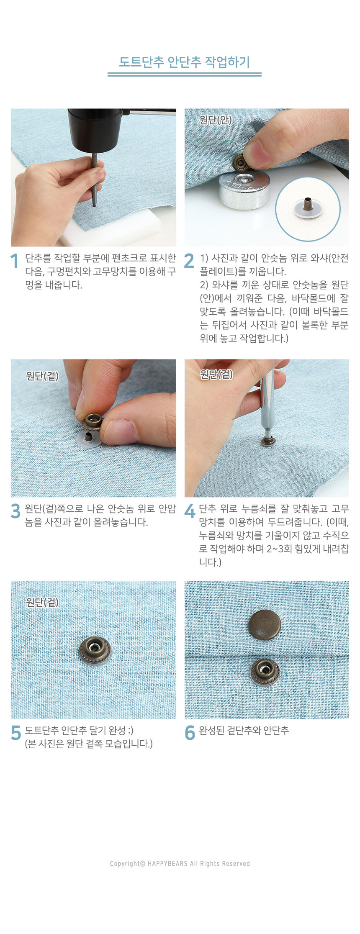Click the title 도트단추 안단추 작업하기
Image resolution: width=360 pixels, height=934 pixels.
[184, 62]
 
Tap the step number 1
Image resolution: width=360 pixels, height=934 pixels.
[15, 261]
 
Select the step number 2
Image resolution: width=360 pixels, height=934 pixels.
[189, 261]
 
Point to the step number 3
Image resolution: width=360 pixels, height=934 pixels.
[15, 511]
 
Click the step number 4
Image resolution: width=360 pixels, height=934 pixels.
[190, 511]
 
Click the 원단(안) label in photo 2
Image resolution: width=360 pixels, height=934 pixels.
[215, 120]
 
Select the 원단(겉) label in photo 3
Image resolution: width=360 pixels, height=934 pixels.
[42, 376]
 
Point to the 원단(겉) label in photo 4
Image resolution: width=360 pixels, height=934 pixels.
[216, 374]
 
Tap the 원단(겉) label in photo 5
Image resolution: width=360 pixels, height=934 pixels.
[42, 602]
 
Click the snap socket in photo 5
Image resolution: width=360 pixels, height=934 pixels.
[95, 650]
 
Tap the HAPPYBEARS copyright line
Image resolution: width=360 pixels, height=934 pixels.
[180, 863]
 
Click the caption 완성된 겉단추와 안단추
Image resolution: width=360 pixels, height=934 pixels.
[244, 731]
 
